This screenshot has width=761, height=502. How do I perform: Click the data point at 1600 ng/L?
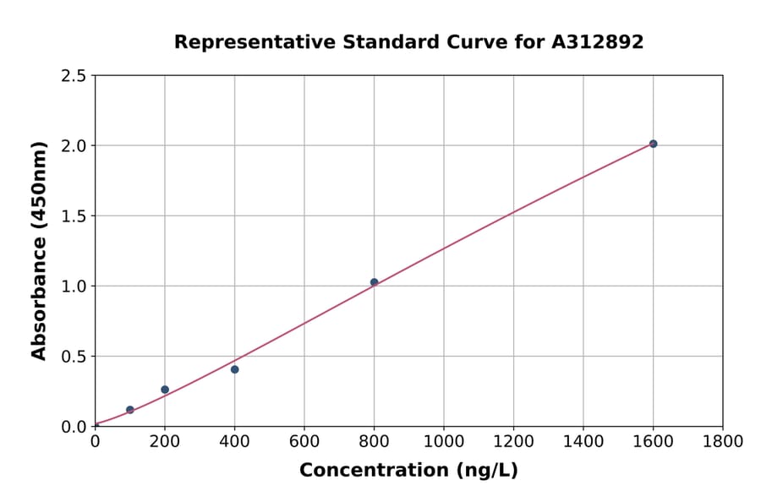(x=653, y=144)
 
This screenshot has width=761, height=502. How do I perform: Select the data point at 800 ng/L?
(x=374, y=282)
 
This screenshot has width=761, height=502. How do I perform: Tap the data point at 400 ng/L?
(x=234, y=369)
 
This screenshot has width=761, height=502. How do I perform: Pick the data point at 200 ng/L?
(x=165, y=390)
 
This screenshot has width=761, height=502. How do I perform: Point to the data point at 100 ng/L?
(x=129, y=410)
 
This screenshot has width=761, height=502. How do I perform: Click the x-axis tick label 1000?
(x=443, y=441)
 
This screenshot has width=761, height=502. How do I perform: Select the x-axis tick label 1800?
(x=722, y=441)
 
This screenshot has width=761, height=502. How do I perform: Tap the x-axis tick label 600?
(x=304, y=441)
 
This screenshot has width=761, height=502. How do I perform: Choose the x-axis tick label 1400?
(x=583, y=441)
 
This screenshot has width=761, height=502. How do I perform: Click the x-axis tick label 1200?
(x=513, y=441)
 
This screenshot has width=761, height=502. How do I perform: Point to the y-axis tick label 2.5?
(x=74, y=76)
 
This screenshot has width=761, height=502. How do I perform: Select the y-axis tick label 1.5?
(x=74, y=216)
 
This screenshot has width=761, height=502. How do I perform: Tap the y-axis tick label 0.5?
(x=74, y=357)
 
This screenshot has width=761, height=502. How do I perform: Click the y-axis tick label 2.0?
(x=74, y=146)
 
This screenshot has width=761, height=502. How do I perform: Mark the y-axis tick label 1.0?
(x=74, y=286)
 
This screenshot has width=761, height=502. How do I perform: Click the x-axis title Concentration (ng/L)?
(x=408, y=471)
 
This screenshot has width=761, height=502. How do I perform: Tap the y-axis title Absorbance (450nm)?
(x=39, y=250)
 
